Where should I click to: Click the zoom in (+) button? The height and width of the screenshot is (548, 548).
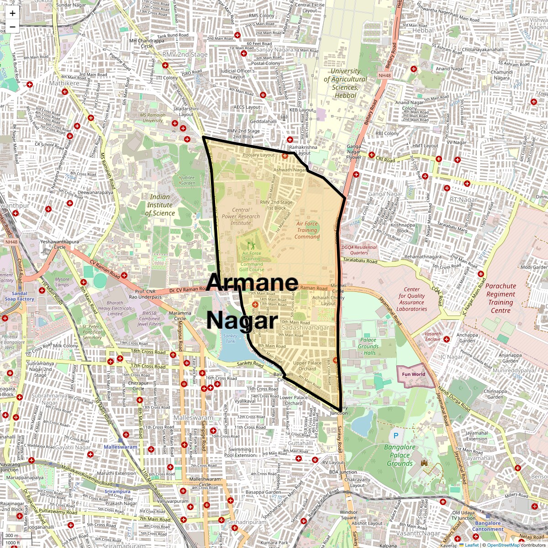point(12,13)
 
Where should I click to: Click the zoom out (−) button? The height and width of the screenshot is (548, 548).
point(12,26)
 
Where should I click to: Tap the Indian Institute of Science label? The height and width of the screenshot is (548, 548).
point(160,205)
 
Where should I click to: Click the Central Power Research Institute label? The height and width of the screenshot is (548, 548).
point(240,216)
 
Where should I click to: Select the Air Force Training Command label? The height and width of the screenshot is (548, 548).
point(307,230)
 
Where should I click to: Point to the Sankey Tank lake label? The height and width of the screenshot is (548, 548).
point(231,338)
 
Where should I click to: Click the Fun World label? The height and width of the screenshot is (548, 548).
point(413,374)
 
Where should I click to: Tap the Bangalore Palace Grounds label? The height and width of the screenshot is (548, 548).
point(400,455)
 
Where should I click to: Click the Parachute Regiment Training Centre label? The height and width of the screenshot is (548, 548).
point(501,298)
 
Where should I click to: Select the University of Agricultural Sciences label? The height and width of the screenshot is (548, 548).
point(345,83)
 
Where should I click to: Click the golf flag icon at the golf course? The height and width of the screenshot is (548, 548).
point(251,246)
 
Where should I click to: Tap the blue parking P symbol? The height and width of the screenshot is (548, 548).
point(396,436)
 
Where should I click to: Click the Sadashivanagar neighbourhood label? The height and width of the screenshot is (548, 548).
point(305,328)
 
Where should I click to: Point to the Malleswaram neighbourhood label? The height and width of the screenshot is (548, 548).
point(193,418)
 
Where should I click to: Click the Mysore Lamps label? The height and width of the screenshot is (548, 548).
point(62,282)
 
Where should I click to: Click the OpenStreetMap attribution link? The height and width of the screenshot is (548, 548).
point(503,545)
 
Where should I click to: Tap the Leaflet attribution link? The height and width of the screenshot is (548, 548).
point(472,545)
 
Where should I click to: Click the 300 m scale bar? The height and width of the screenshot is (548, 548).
point(12,536)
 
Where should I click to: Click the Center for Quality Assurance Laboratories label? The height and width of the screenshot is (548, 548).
point(411,299)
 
